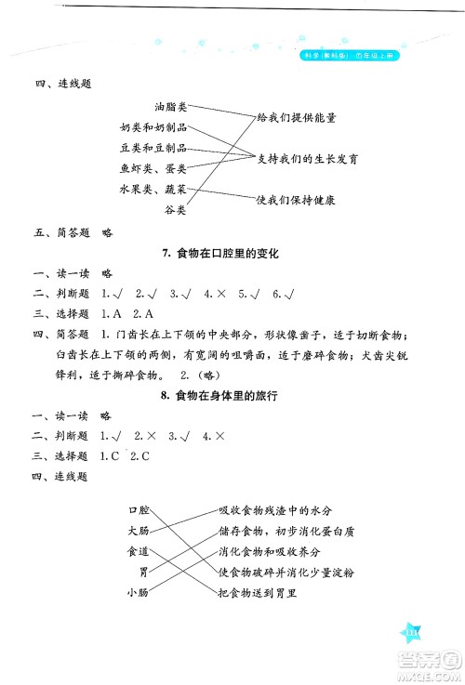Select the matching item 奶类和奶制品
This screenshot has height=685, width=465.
point(154,127)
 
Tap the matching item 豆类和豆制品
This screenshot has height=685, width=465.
point(154,148)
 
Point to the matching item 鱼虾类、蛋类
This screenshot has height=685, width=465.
point(154,168)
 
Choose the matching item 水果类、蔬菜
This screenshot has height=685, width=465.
point(154,189)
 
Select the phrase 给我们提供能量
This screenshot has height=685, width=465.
point(297,118)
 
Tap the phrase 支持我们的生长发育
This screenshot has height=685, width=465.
point(309,159)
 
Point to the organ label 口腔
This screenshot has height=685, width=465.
point(138,510)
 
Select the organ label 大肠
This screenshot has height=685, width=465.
point(138,531)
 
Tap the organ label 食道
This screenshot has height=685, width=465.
point(138,551)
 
